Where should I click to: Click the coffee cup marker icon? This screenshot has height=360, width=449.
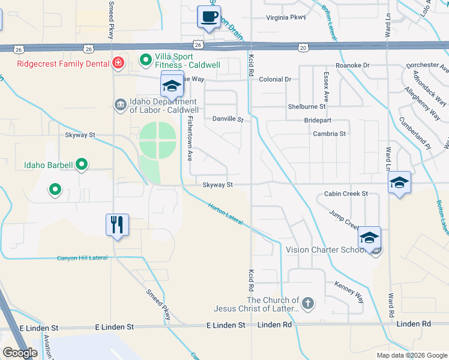tap(208, 17)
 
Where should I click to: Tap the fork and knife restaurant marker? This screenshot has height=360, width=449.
tap(117, 225)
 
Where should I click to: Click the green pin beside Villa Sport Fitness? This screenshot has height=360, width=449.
tap(145, 59)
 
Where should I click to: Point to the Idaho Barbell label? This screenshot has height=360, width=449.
tap(48, 165)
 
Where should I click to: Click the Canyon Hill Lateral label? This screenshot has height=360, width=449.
tap(82, 258)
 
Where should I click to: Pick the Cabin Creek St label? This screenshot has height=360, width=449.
tap(345, 194)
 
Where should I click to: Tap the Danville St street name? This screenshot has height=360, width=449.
tap(228, 119)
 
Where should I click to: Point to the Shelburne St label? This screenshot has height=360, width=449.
tap(306, 106)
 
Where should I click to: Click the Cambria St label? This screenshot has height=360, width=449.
tap(330, 134)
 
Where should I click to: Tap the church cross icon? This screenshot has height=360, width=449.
tap(308, 303)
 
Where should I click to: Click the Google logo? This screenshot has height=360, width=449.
tap(20, 353)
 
